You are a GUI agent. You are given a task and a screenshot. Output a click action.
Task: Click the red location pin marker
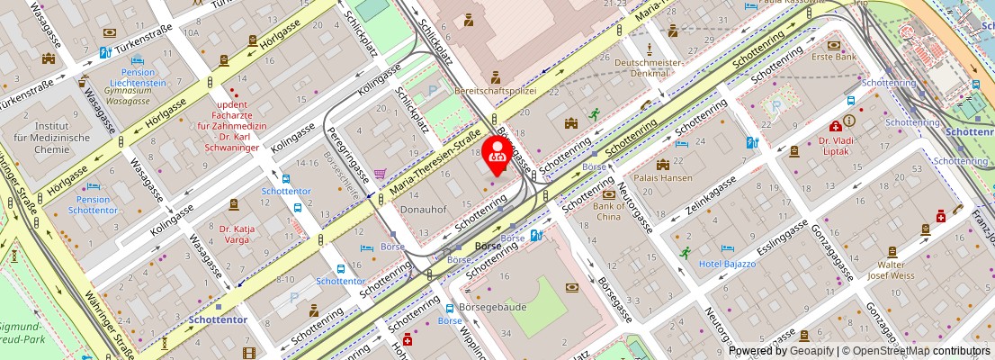(x=497, y=154)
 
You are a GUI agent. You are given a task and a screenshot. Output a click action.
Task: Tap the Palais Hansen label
(x=664, y=178)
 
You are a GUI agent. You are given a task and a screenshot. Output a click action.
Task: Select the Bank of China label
(x=609, y=211)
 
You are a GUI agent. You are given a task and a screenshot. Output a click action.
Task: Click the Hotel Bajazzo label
(x=728, y=263)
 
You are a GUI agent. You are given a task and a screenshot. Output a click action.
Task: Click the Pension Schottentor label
(x=93, y=203)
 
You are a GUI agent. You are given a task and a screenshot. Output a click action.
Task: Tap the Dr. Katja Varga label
(x=234, y=234)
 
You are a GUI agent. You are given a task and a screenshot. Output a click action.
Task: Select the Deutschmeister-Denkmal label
(x=650, y=67)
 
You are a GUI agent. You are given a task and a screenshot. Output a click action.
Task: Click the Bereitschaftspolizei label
(x=495, y=91)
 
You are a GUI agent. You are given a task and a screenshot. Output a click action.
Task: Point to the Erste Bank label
(x=834, y=57)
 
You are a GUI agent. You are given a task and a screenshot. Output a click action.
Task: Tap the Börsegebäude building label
(x=492, y=307)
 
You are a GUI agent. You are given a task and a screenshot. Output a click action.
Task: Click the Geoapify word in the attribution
(x=812, y=351)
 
